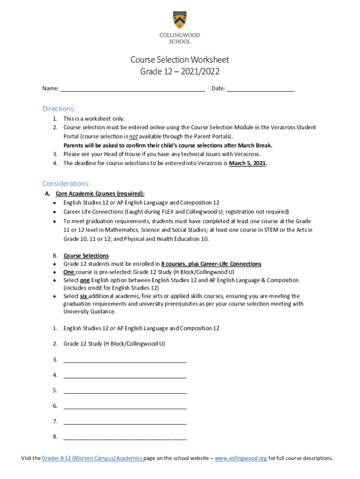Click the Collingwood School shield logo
[180, 20]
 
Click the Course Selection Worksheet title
[180, 60]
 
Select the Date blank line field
[260, 89]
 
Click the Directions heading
[59, 109]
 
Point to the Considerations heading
[66, 183]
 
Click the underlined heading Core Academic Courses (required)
[100, 194]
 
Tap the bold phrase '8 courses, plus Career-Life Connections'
[211, 264]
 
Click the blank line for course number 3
[125, 360]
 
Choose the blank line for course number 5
[125, 391]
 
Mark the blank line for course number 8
[125, 438]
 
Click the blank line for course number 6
[125, 406]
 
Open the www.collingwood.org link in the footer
[241, 458]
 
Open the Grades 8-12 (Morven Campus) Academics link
[92, 458]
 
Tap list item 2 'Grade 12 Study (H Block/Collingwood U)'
[114, 344]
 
